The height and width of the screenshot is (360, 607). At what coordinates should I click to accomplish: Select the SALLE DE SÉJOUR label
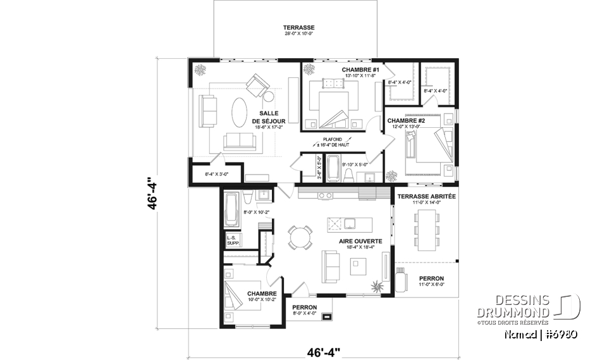[x=269, y=116]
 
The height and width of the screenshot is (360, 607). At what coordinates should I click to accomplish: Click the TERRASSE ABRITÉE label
[x=426, y=197]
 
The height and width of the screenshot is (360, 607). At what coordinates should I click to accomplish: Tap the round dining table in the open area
[x=299, y=237]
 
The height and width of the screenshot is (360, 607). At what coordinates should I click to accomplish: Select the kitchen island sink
[x=335, y=223]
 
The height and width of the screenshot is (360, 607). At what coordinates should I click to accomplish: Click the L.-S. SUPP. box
[x=232, y=240]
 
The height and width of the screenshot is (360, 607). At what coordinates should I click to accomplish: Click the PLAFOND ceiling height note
[x=332, y=142]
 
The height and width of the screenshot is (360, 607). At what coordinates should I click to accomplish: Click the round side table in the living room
[x=268, y=97]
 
